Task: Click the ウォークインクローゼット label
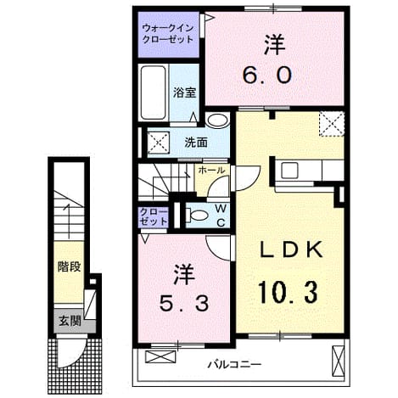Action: click(x=168, y=34)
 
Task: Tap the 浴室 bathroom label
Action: click(x=184, y=92)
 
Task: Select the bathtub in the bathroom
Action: click(x=153, y=92)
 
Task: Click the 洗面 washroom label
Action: click(x=196, y=143)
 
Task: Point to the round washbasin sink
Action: click(x=217, y=120)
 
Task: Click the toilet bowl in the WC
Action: click(x=198, y=216)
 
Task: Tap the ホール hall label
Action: click(x=211, y=170)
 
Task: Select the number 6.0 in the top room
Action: click(x=267, y=75)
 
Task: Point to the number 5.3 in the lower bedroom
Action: click(x=184, y=303)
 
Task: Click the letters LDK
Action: click(x=291, y=249)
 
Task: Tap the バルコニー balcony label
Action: click(x=234, y=364)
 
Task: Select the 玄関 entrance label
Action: click(x=70, y=321)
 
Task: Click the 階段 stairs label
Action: click(x=70, y=266)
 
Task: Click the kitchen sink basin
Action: click(x=289, y=171)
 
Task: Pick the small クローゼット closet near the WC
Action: click(x=154, y=216)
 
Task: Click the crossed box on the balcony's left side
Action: click(x=160, y=356)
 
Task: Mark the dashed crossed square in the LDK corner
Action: click(x=332, y=124)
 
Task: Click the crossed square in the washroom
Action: click(x=159, y=142)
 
